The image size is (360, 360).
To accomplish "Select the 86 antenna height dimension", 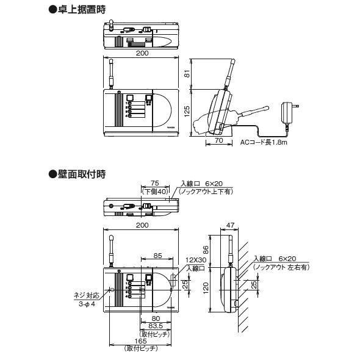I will click(206, 250).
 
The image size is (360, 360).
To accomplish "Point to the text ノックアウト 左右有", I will click(282, 267).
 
